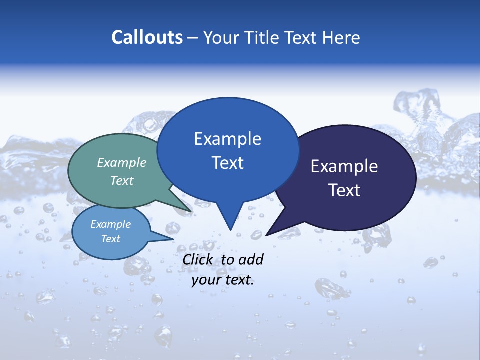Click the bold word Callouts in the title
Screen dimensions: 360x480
(x=147, y=37)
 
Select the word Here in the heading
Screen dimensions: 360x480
(x=341, y=37)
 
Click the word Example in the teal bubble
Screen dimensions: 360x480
(x=122, y=162)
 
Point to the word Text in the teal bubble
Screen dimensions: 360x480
(x=122, y=180)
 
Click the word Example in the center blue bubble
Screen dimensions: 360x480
(x=227, y=138)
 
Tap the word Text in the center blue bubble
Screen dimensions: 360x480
(x=227, y=162)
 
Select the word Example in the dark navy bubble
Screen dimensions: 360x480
(x=344, y=166)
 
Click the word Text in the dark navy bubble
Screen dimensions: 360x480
(x=344, y=190)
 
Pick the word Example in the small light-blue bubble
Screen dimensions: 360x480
(x=110, y=224)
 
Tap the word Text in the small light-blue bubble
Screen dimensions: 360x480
(x=110, y=239)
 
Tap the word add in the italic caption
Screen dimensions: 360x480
(x=251, y=259)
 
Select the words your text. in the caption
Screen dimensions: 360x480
(x=223, y=280)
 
